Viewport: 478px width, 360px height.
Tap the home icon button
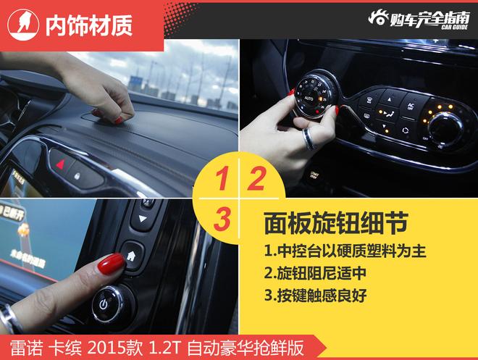pyautogui.click(x=132, y=256)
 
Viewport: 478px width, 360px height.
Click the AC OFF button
pyautogui.click(x=411, y=106)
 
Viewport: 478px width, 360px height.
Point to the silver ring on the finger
pyautogui.click(x=309, y=139)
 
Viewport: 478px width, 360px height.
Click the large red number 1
pyautogui.click(x=222, y=179)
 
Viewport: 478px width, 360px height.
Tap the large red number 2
pyautogui.click(x=257, y=179)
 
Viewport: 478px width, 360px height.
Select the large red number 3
pyautogui.click(x=222, y=219)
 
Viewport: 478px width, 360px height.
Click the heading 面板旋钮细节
pyautogui.click(x=336, y=223)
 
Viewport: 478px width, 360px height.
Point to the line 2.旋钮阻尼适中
pyautogui.click(x=315, y=273)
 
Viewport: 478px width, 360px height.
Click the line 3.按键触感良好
pyautogui.click(x=316, y=296)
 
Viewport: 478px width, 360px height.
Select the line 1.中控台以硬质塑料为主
pyautogui.click(x=345, y=251)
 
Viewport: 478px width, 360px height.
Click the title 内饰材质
pyautogui.click(x=89, y=25)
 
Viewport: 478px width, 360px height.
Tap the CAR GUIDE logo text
pyautogui.click(x=455, y=27)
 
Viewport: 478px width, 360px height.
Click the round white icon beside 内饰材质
pyautogui.click(x=23, y=25)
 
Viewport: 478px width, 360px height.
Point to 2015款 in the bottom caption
pyautogui.click(x=115, y=348)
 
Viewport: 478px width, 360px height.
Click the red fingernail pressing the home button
pyautogui.click(x=111, y=263)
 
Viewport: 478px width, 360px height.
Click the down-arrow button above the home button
pyautogui.click(x=143, y=218)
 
